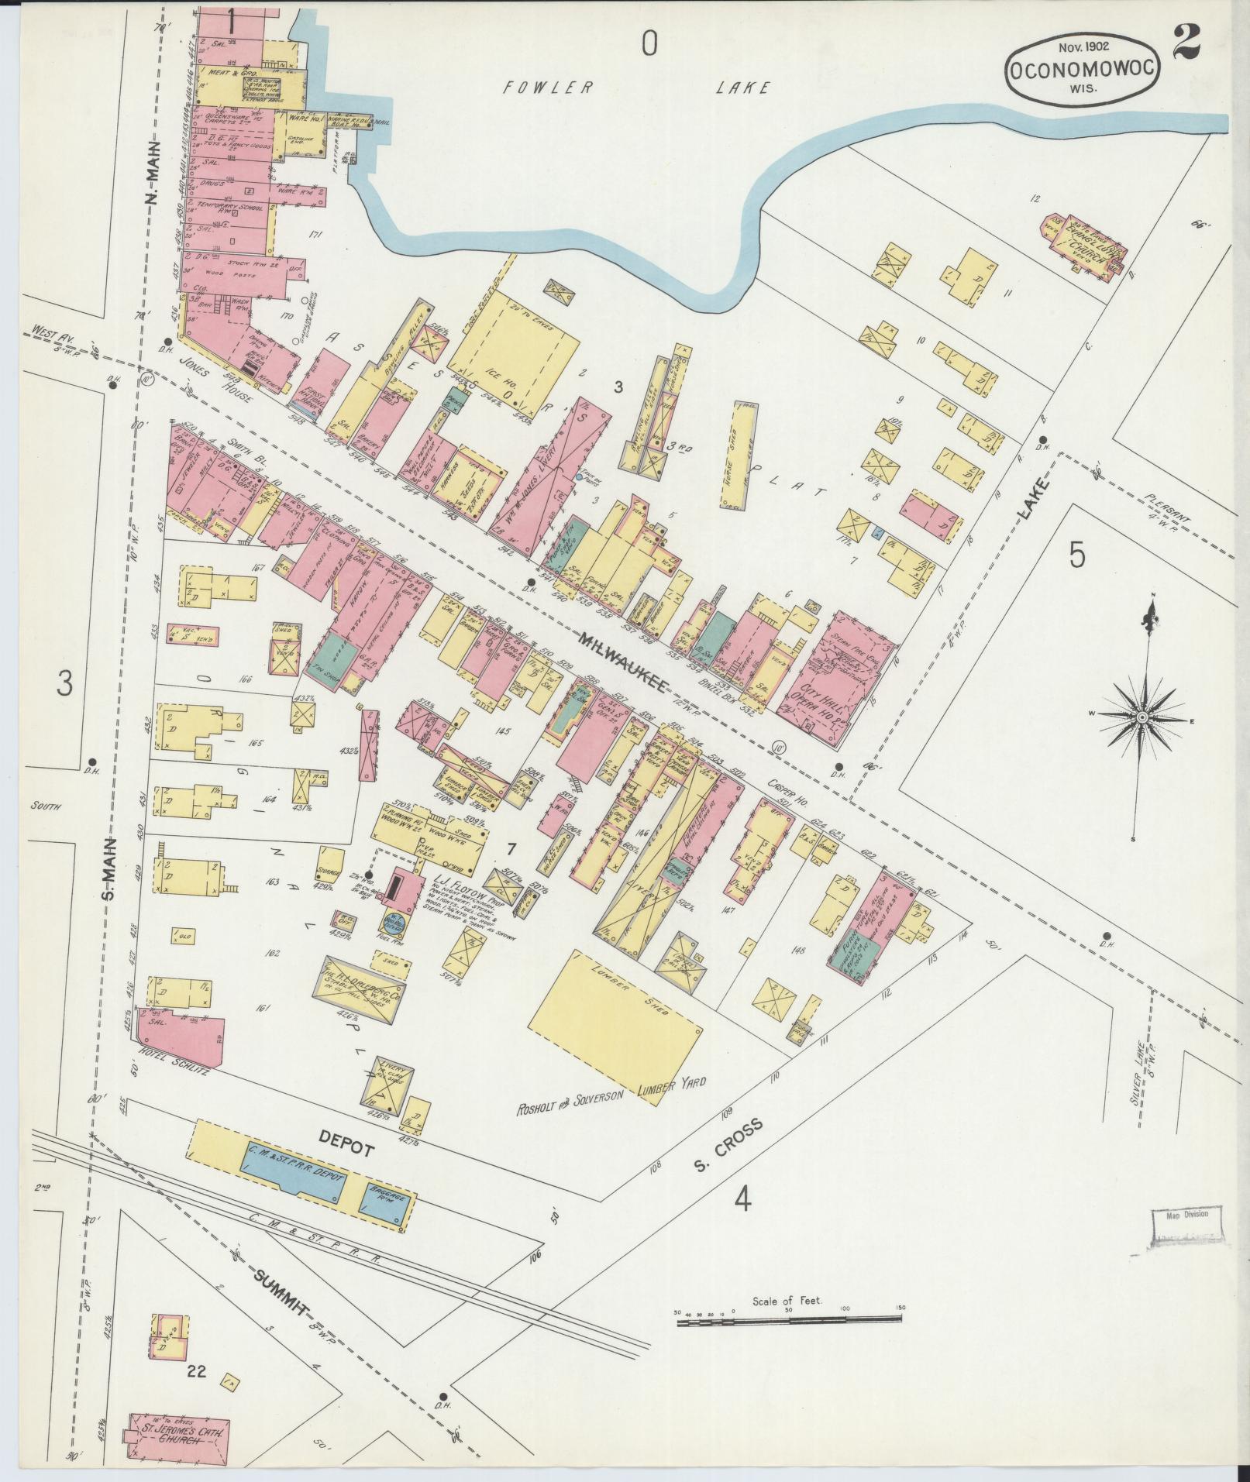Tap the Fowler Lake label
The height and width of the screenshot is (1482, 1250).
pyautogui.click(x=635, y=88)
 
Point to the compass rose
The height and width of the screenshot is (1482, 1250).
pyautogui.click(x=1142, y=719)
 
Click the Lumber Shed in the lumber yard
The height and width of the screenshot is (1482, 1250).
pyautogui.click(x=625, y=1012)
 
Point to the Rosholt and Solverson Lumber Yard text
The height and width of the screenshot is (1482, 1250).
pyautogui.click(x=611, y=1093)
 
